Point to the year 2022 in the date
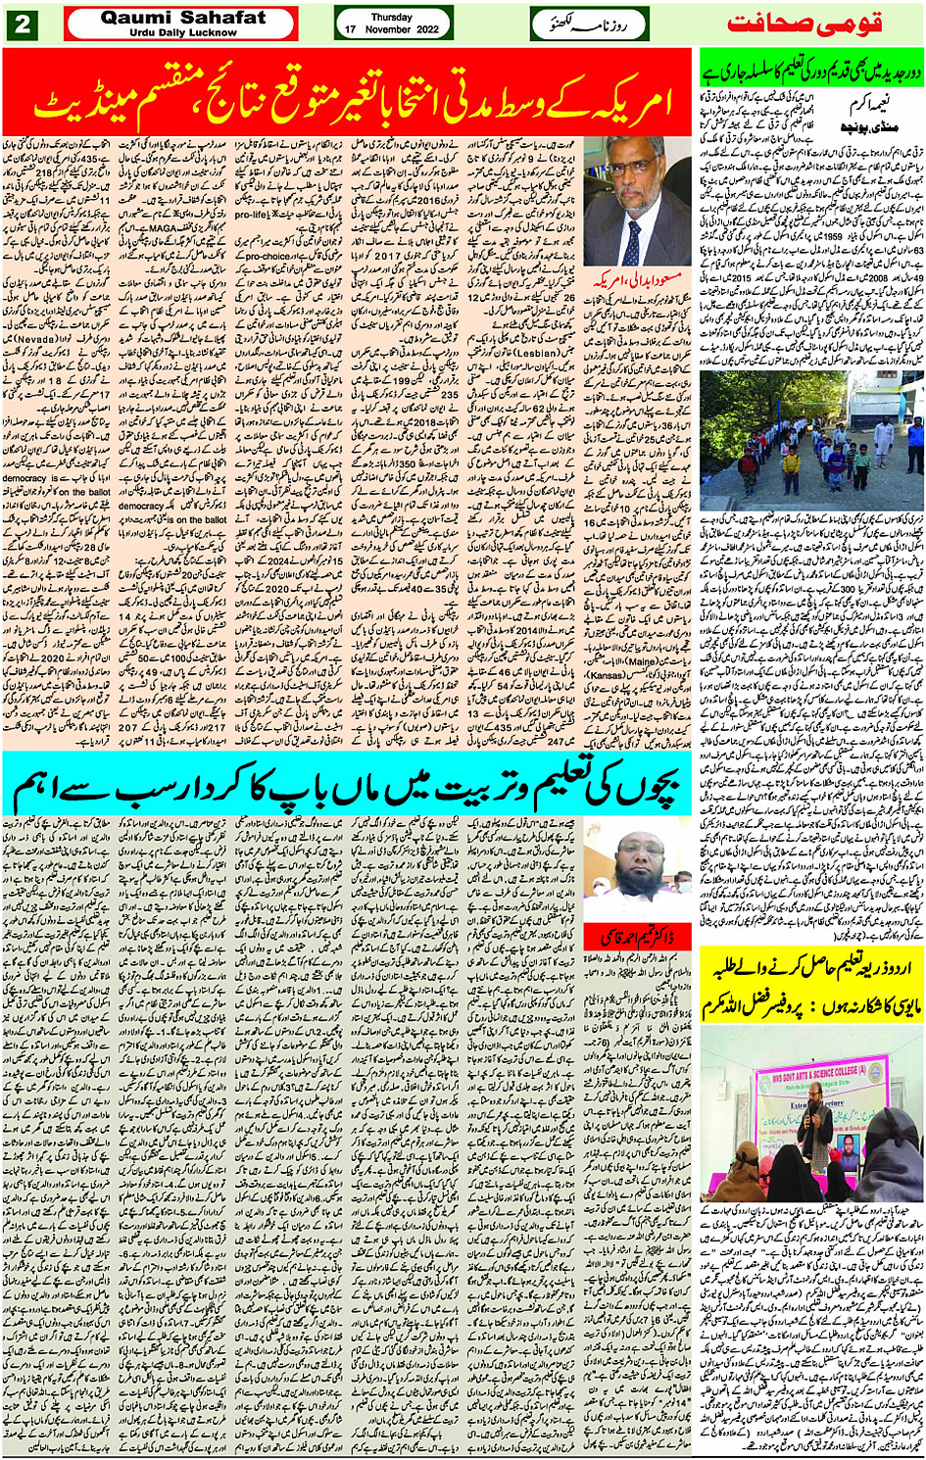[424, 29]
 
